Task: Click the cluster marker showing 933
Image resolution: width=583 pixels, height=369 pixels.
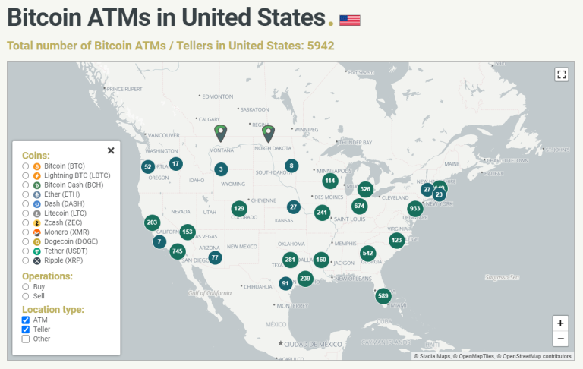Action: tap(414, 208)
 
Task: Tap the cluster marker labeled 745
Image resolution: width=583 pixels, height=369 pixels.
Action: tap(178, 251)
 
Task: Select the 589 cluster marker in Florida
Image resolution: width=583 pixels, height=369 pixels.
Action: tap(383, 295)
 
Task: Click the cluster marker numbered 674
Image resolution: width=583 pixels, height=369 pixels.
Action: tap(359, 206)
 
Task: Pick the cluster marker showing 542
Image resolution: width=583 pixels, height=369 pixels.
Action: tap(368, 253)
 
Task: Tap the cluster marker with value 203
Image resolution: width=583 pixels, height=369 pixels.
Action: tap(153, 222)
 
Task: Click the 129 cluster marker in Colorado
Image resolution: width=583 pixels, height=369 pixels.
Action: tap(239, 208)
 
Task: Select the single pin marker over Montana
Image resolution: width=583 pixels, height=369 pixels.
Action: tap(221, 133)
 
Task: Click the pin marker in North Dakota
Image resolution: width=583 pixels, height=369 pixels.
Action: tap(268, 133)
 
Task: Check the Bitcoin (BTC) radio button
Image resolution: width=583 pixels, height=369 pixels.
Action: tap(26, 166)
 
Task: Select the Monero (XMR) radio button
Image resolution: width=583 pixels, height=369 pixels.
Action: tap(26, 232)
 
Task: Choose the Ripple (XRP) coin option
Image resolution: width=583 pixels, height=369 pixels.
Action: tap(26, 260)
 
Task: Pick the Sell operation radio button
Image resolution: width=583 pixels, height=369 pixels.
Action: tap(26, 296)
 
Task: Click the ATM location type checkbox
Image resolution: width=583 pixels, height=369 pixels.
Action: tap(26, 320)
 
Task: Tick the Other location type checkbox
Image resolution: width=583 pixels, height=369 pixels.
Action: tap(26, 339)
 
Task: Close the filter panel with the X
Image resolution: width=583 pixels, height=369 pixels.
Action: tap(111, 150)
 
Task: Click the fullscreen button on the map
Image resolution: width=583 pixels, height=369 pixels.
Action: tap(561, 74)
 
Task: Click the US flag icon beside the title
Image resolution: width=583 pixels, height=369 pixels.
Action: tap(350, 20)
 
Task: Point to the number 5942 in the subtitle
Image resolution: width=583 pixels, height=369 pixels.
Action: tap(320, 46)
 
